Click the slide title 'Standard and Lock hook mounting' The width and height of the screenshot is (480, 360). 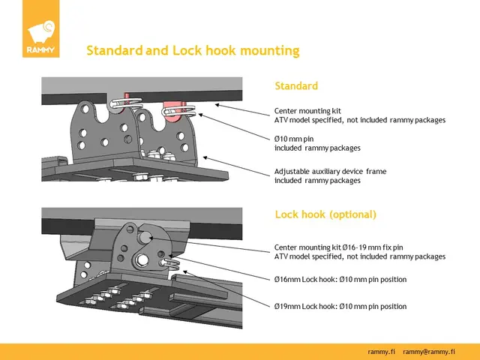click(x=193, y=51)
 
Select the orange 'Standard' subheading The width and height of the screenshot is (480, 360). click(x=295, y=86)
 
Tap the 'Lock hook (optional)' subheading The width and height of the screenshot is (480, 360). click(x=325, y=214)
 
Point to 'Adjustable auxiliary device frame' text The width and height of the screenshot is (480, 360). click(x=330, y=172)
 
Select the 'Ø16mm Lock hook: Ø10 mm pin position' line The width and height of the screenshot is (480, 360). click(x=340, y=280)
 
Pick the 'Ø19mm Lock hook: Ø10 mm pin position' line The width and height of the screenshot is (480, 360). click(x=340, y=307)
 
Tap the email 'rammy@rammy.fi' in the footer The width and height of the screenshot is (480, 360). click(x=430, y=352)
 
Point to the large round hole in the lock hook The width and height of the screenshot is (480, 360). click(x=140, y=260)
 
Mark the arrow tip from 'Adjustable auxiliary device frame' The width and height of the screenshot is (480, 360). click(x=204, y=157)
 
